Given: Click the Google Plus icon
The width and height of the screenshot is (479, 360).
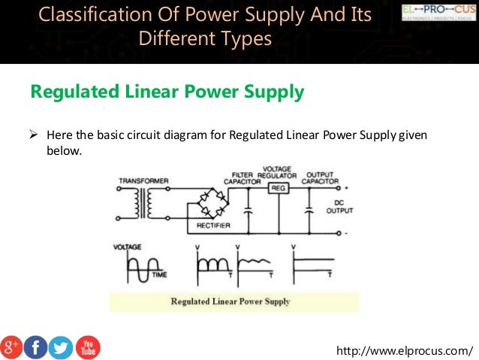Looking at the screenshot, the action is point(12,347).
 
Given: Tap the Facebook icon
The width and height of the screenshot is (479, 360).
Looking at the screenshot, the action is point(36,347).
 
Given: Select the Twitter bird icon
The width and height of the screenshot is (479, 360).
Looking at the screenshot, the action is point(61,347).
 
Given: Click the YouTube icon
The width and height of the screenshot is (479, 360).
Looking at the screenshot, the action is point(87,347).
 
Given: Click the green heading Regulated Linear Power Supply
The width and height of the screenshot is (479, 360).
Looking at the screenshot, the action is point(167,92).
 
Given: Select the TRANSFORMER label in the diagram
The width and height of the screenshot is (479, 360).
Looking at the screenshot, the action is point(143,180).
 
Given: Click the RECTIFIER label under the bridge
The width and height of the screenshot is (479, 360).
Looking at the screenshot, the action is point(213,225).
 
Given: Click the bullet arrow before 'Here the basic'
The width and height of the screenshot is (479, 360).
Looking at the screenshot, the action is point(33,136).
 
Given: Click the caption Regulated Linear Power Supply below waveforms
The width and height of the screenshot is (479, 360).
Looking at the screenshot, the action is point(230,302).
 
